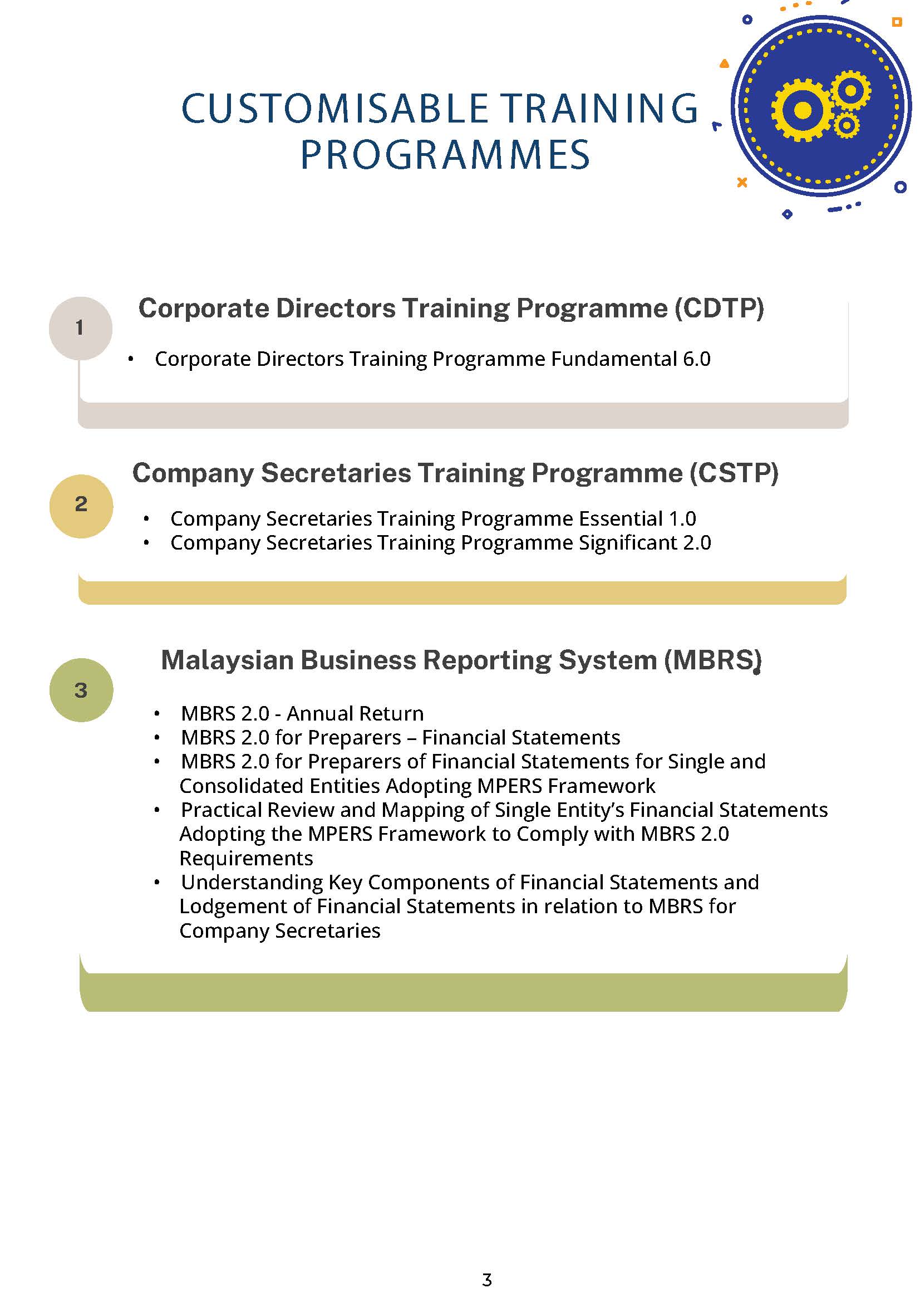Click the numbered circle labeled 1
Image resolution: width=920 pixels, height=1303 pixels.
[x=80, y=328]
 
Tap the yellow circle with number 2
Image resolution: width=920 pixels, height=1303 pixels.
[x=81, y=505]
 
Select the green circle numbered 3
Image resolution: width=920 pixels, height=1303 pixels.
[x=81, y=689]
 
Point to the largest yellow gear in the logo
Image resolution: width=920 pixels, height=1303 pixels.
[x=802, y=110]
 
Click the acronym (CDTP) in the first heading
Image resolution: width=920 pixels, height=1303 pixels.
[x=719, y=308]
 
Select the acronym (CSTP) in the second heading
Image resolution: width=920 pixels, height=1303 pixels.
[x=734, y=473]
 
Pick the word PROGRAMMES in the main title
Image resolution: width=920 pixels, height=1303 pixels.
[x=445, y=155]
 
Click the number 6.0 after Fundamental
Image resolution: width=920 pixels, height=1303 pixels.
[x=696, y=359]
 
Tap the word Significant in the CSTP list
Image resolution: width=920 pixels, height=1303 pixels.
[x=628, y=543]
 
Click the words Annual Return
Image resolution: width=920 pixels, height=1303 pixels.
[x=356, y=713]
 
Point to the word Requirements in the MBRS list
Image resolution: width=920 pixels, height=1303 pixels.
[x=246, y=858]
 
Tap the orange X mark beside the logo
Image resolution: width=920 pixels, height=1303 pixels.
[x=741, y=182]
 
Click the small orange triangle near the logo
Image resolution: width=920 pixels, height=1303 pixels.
[x=724, y=64]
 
